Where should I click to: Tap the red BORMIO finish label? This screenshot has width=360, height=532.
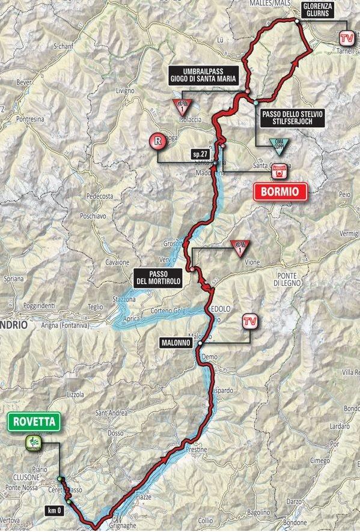(280, 192)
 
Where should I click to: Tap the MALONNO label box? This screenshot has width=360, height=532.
(175, 342)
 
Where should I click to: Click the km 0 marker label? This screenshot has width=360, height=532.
(53, 510)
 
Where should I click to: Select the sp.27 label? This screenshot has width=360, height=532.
(200, 154)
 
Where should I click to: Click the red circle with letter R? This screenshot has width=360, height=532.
(157, 142)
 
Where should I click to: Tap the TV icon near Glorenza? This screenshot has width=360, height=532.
(345, 38)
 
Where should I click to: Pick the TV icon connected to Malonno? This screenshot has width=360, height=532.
(250, 322)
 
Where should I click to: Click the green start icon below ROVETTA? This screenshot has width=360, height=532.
(34, 444)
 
